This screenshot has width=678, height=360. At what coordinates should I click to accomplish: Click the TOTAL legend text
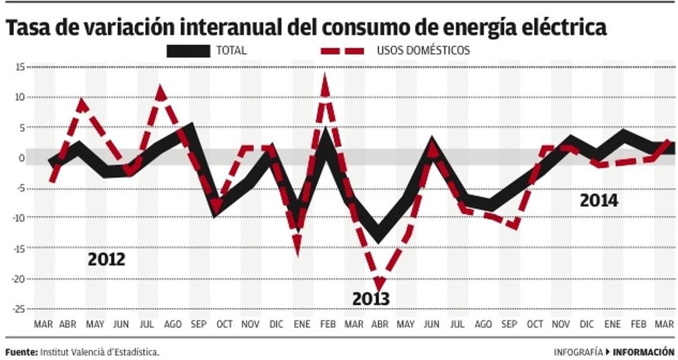tap(232, 50)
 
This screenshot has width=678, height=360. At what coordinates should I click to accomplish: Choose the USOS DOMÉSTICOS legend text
tap(423, 50)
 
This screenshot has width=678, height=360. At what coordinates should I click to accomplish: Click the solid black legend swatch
tap(188, 51)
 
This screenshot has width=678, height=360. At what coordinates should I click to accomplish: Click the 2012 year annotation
tap(106, 260)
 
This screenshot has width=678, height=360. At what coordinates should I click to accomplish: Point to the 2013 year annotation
tap(371, 298)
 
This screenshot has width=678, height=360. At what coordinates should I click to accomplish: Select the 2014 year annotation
tap(599, 201)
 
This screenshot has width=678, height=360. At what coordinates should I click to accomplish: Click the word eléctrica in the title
tap(547, 28)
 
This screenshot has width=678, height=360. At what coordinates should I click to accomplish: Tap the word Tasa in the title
tap(28, 28)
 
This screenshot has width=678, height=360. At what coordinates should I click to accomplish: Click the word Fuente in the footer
tap(21, 352)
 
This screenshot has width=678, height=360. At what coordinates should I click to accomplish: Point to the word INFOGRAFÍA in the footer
tap(578, 352)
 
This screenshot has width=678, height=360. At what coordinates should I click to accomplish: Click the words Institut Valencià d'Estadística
tap(99, 352)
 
